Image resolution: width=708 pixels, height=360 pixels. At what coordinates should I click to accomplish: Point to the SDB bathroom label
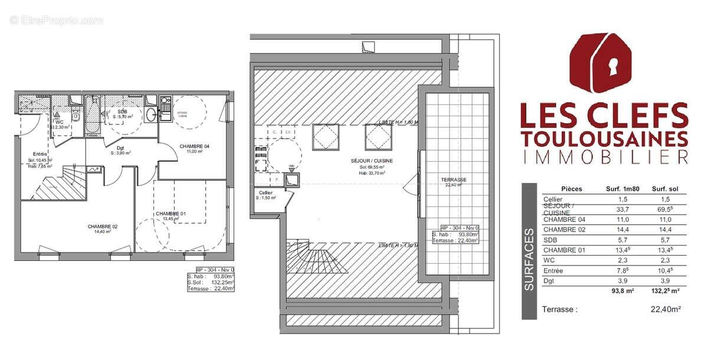pos(122,111)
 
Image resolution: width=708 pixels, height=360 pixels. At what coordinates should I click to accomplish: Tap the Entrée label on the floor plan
pos(40,152)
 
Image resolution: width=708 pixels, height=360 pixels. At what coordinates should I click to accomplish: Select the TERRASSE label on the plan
pos(454,179)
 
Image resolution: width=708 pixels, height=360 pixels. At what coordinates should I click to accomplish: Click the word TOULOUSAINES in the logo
pos(604,138)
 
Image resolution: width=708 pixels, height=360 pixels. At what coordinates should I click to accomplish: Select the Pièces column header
pos(571,189)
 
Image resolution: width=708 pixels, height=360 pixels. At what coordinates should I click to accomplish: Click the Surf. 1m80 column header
pos(622,189)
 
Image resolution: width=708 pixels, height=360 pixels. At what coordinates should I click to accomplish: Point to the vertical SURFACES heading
pos(530,260)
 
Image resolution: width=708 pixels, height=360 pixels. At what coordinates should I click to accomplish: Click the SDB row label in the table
pos(551,239)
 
